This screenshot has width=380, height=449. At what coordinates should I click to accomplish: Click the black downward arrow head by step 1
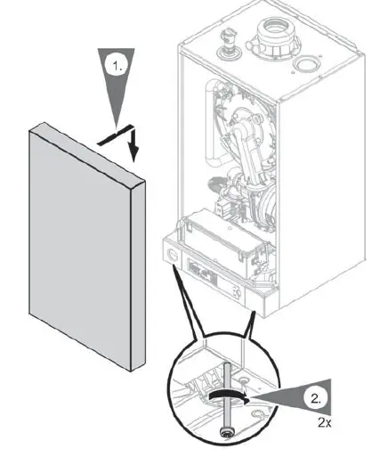point(133,152)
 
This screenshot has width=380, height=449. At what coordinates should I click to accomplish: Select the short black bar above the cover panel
point(114,136)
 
